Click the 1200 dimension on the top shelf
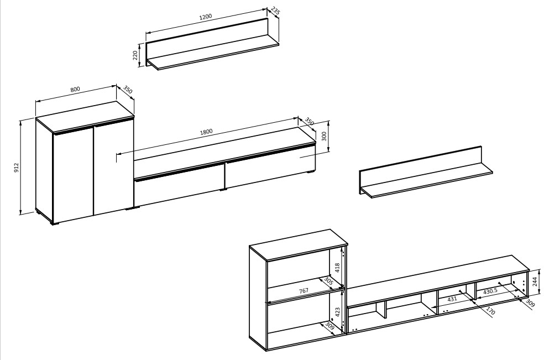tap(206, 17)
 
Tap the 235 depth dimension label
tap(275, 11)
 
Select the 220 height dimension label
tap(135, 55)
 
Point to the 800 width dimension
tap(75, 89)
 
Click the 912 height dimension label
tap(16, 168)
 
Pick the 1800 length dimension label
tap(206, 132)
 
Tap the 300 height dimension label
tap(325, 136)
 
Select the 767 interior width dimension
tap(304, 290)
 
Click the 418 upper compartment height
tap(337, 267)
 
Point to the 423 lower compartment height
tap(338, 311)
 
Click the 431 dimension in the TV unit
tap(452, 299)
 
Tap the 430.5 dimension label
tap(490, 291)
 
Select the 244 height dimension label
tap(535, 281)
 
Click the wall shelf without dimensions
tap(426, 172)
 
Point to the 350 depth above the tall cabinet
tap(127, 91)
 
